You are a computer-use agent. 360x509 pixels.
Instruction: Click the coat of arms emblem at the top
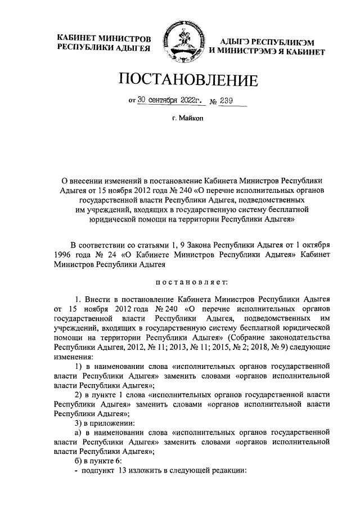(180, 43)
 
